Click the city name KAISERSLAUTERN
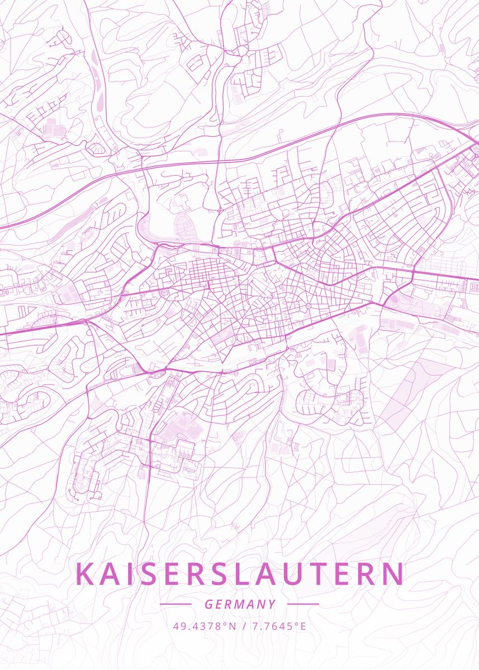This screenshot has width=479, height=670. pos(239,574)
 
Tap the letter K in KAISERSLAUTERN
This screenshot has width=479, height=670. pos(84,574)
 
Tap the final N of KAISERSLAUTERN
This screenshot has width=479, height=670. pos(393,574)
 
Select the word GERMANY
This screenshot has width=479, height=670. pos(240,604)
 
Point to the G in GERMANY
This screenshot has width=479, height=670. pos(208,604)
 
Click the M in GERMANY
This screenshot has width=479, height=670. pos(240,604)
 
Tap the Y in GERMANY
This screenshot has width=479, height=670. pos(272,604)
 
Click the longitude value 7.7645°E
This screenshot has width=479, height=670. pos(279,626)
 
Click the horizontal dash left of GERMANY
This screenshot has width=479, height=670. pos(176,604)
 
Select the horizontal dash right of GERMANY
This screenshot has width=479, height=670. pos(303,604)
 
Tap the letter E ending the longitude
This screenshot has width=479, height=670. pos(303,626)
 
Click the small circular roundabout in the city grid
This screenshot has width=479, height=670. pos(308,306)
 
